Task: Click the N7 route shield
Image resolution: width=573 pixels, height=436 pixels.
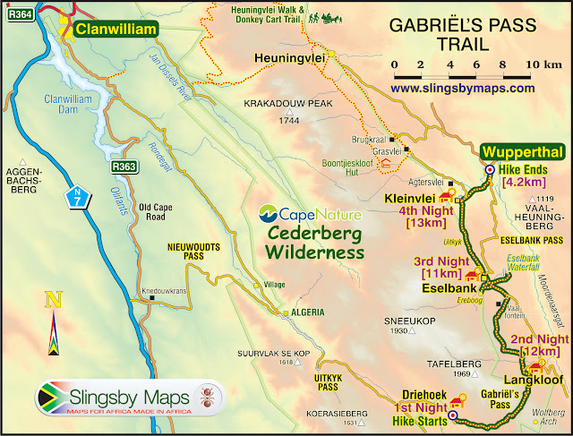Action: point(80,193)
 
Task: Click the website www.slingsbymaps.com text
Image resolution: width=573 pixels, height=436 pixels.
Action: point(463,89)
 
